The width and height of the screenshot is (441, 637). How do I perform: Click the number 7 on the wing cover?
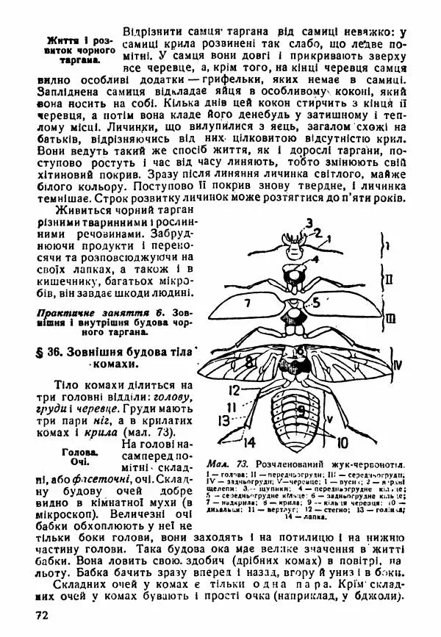coord(248,303)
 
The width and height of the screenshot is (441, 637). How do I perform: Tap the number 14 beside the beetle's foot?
coord(249,442)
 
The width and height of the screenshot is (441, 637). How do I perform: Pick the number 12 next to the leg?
coord(233,389)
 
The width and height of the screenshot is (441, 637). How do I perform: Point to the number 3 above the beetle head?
coord(309,223)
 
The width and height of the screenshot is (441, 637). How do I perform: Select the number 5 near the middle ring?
coord(315,301)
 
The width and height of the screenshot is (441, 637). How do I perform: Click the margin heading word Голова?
coord(82,453)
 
